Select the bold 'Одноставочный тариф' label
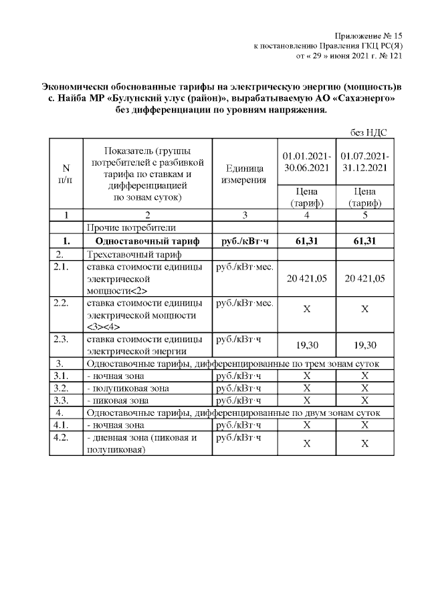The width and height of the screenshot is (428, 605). pos(142,241)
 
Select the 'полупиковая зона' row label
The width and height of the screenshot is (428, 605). pos(128,388)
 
